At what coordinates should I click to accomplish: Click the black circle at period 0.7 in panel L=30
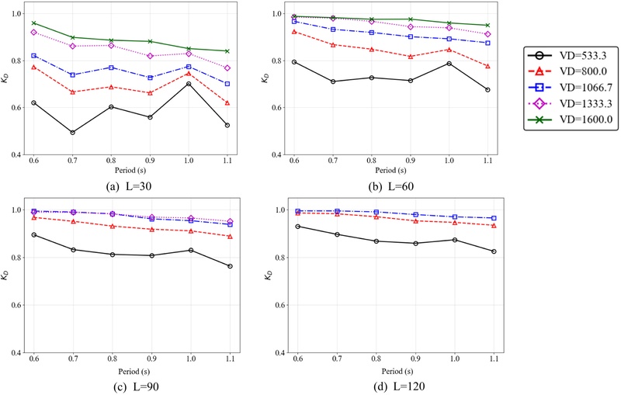[73, 133]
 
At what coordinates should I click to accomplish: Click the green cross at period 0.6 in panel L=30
[34, 23]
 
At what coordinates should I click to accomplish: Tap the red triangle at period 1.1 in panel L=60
[487, 67]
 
